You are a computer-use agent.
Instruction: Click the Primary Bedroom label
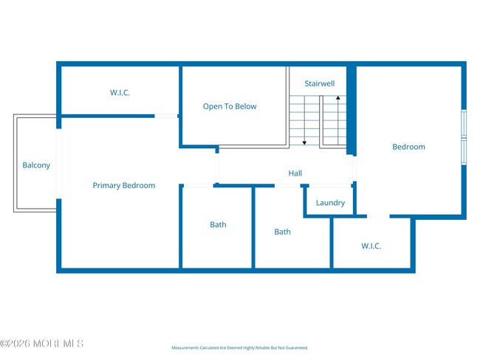[123, 185]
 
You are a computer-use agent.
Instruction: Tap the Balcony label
[36, 165]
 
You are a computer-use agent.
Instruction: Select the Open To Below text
[230, 106]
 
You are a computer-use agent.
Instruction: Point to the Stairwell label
[320, 83]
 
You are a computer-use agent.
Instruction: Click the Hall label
[295, 173]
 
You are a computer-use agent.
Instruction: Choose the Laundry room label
[330, 202]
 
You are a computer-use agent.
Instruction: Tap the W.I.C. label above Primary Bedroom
[120, 92]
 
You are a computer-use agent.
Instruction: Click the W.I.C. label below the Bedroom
[371, 246]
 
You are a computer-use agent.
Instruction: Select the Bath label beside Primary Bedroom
[218, 224]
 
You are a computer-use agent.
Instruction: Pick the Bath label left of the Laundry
[282, 232]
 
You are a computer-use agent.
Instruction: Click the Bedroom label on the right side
[408, 147]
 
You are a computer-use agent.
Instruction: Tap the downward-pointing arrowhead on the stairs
[304, 142]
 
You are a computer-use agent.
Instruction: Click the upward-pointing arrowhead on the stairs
[337, 97]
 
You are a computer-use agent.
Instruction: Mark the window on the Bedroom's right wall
[464, 136]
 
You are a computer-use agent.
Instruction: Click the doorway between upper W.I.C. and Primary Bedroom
[166, 116]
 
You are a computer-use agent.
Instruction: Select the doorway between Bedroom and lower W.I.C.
[378, 216]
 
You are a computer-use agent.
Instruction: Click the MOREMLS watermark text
[42, 344]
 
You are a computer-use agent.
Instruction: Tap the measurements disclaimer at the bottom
[239, 347]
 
